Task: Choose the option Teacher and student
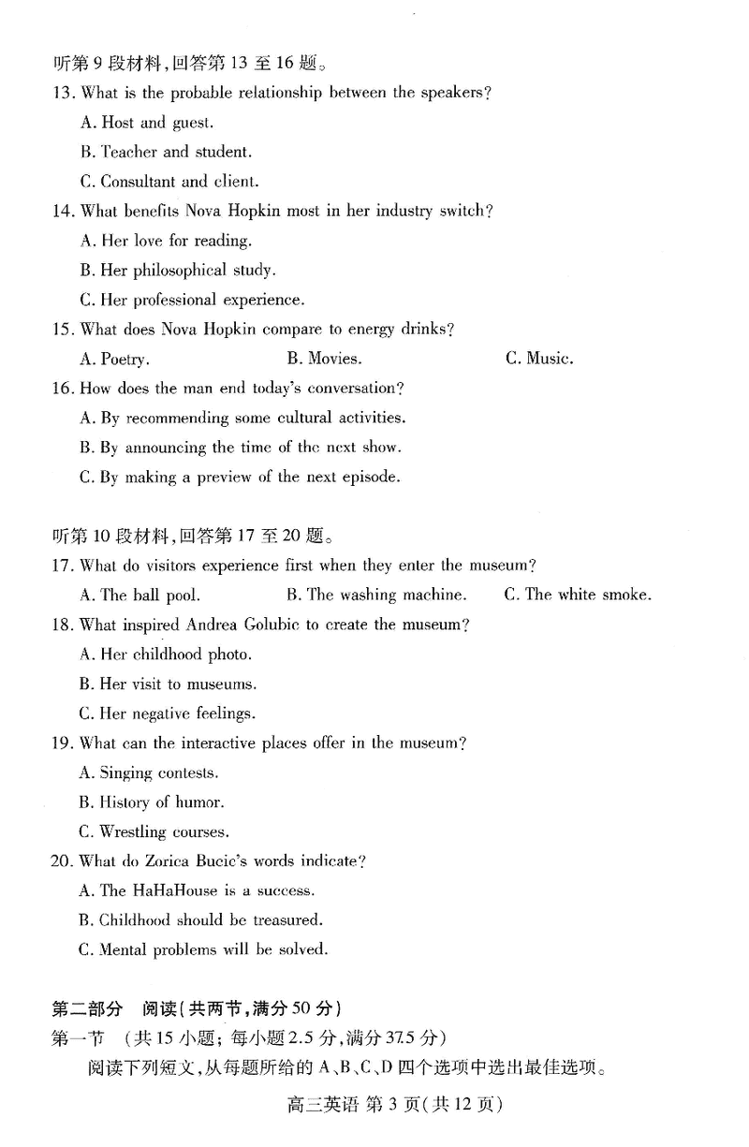pyautogui.click(x=165, y=152)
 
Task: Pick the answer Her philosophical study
pyautogui.click(x=177, y=271)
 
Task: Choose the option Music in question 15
pyautogui.click(x=539, y=359)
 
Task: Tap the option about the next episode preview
pyautogui.click(x=240, y=477)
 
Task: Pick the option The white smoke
pyautogui.click(x=578, y=595)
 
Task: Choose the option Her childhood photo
pyautogui.click(x=166, y=654)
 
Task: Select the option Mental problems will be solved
pyautogui.click(x=204, y=949)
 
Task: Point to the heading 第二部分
pyautogui.click(x=86, y=1008)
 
